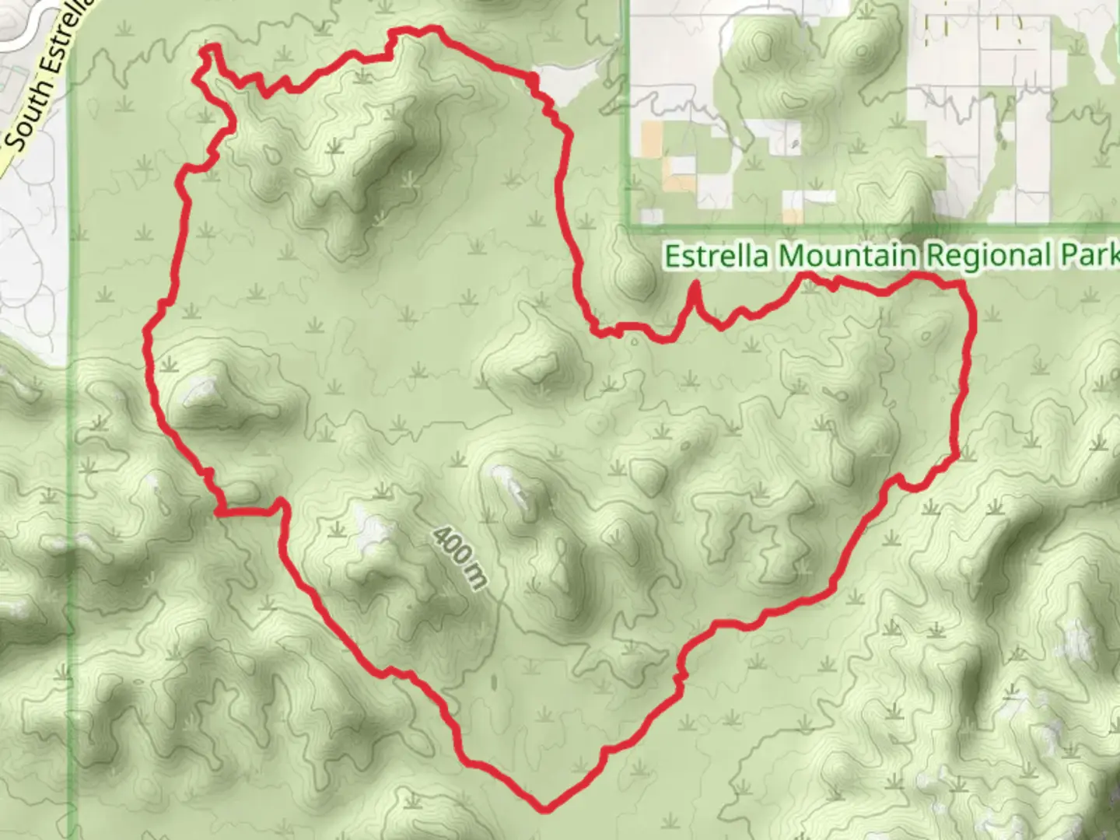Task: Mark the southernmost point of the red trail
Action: (x=545, y=810)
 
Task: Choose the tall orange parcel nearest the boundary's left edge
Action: (x=650, y=139)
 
